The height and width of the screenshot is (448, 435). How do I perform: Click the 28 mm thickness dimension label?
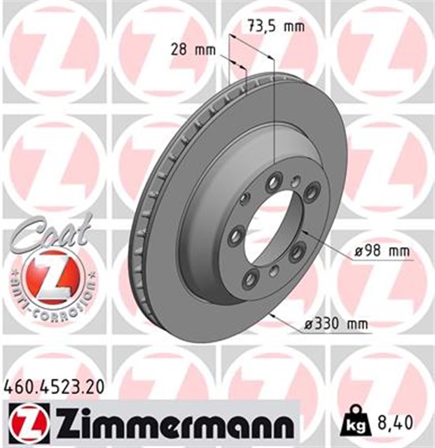click(x=193, y=49)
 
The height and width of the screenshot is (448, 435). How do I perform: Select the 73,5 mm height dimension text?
click(x=276, y=27)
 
